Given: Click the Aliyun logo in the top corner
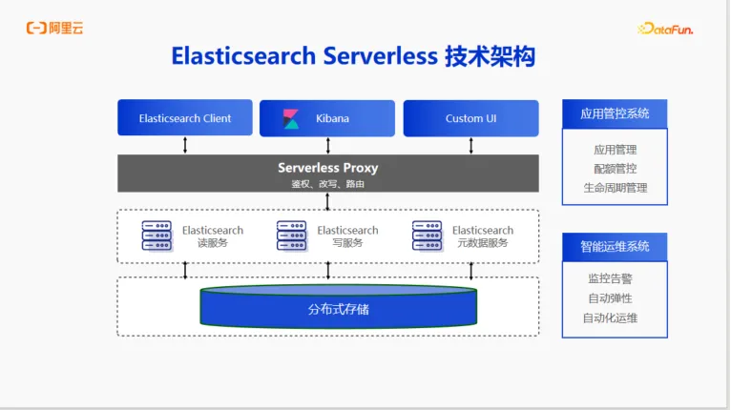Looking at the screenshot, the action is pyautogui.click(x=54, y=28).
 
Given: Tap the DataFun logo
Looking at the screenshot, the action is pyautogui.click(x=665, y=29).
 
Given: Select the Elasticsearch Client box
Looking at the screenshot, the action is pyautogui.click(x=185, y=118).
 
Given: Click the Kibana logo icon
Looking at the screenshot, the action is pyautogui.click(x=291, y=118).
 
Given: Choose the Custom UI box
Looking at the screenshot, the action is pyautogui.click(x=470, y=118).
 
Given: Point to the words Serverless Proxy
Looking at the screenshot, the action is pyautogui.click(x=327, y=168).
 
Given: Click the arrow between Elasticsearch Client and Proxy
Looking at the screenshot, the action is pyautogui.click(x=185, y=145).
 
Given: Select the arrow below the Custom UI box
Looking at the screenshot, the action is pyautogui.click(x=470, y=145).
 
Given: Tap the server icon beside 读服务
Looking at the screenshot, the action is pyautogui.click(x=157, y=236).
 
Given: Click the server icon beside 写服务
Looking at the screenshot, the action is pyautogui.click(x=291, y=236).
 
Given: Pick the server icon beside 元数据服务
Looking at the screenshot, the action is pyautogui.click(x=427, y=236).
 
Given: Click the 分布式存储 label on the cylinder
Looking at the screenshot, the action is pyautogui.click(x=339, y=309).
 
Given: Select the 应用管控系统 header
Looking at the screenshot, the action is pyautogui.click(x=615, y=113).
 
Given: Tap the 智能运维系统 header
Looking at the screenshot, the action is pyautogui.click(x=615, y=246).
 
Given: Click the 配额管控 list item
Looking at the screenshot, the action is pyautogui.click(x=615, y=169).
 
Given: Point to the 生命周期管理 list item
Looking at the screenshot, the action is pyautogui.click(x=615, y=188).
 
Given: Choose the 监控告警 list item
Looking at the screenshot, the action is pyautogui.click(x=610, y=278).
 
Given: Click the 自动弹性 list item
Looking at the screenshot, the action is pyautogui.click(x=610, y=298).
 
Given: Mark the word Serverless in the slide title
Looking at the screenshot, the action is pyautogui.click(x=381, y=56).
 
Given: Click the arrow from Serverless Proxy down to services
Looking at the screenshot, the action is pyautogui.click(x=327, y=201).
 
